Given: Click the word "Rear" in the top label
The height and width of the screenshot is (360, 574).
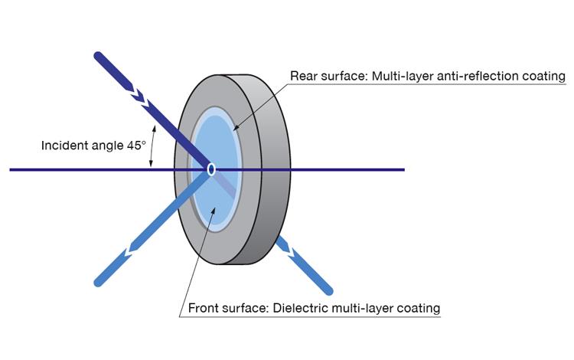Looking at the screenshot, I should coord(303,77).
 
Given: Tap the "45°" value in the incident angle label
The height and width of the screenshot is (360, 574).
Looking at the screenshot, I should coord(135,145).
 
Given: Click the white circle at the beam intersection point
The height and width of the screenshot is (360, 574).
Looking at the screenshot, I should coord(210,169).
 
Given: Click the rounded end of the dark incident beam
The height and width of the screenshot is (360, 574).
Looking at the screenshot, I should coord(98,56).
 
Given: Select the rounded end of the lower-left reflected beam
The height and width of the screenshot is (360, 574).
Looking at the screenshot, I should coord(98,282).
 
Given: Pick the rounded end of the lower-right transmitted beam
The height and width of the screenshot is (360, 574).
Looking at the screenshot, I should coord(328,290).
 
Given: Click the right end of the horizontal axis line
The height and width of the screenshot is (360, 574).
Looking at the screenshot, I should coord(403,169).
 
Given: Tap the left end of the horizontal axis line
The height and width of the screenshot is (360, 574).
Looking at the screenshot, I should coord(11,169).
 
